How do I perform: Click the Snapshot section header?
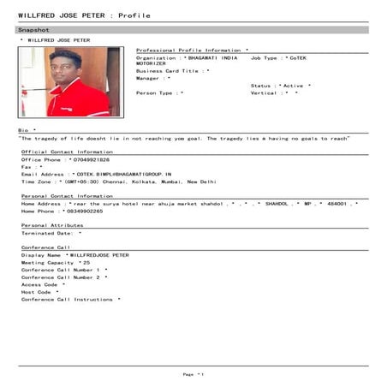point(35,30)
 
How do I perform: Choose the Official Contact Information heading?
point(67,152)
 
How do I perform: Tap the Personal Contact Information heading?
point(68,196)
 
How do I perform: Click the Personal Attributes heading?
point(53,224)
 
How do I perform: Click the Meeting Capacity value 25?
point(86,262)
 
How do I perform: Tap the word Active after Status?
point(293,86)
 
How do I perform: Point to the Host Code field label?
point(37,292)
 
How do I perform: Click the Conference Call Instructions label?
point(67,299)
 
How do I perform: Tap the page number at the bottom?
point(193,374)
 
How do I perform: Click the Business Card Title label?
point(169,71)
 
